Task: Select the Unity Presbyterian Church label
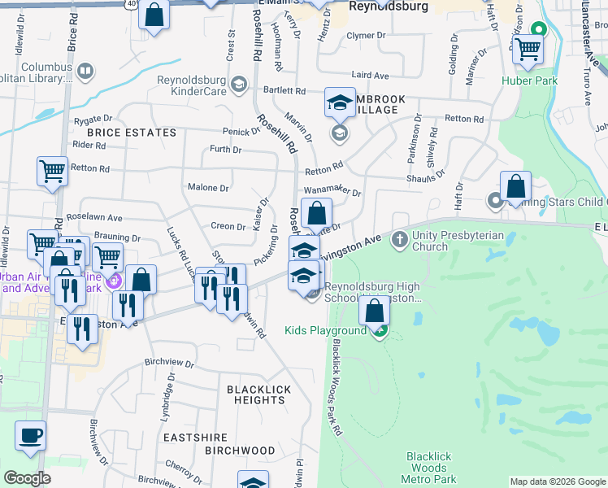click(x=458, y=241)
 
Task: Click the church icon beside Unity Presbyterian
click(x=399, y=240)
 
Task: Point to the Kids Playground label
click(x=325, y=331)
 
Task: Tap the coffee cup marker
click(x=31, y=435)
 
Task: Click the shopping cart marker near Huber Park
click(x=528, y=50)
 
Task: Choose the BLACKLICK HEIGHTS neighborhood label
click(x=258, y=394)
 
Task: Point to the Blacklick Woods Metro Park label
click(x=428, y=468)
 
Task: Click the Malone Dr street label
click(x=208, y=188)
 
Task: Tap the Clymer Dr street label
click(x=366, y=36)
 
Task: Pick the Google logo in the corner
click(x=28, y=478)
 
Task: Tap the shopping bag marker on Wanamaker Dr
click(x=316, y=213)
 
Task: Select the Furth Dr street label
click(x=226, y=150)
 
